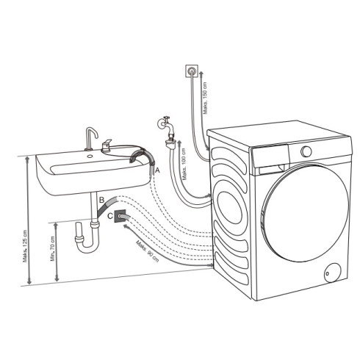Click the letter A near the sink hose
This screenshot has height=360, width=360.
click(x=156, y=170)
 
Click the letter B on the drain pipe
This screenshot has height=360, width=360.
click(x=101, y=200)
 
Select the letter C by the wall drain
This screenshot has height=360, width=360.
click(x=110, y=216)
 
